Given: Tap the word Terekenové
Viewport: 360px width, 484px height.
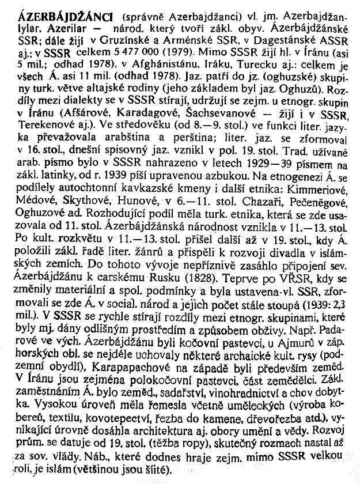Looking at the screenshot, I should (x=47, y=162).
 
